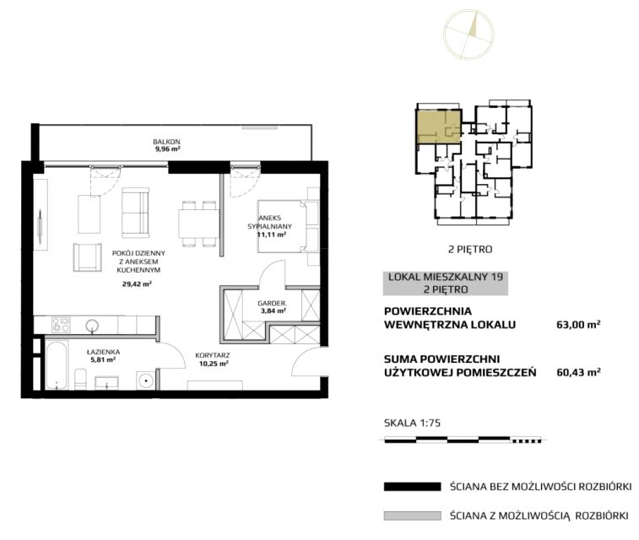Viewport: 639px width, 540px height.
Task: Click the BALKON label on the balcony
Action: click(166, 142)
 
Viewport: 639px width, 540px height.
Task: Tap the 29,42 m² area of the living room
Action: click(137, 283)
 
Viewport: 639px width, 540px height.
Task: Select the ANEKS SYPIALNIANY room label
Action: click(270, 222)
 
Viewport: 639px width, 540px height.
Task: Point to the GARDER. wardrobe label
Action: click(272, 303)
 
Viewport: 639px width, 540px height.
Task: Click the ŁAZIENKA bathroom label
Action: click(104, 352)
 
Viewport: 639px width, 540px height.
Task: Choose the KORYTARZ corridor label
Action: click(213, 355)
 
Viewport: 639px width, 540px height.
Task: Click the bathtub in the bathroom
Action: click(57, 365)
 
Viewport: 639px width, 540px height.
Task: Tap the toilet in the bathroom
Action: click(80, 379)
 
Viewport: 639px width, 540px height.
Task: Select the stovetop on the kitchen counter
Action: click(61, 325)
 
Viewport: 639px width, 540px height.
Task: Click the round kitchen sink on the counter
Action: click(92, 326)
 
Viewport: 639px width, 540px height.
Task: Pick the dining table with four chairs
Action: click(198, 224)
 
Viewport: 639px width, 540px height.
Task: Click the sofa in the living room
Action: click(136, 213)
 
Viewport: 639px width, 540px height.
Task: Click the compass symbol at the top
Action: click(469, 35)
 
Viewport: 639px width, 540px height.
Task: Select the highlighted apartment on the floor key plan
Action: click(438, 127)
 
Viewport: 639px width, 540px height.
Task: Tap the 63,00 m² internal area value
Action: click(578, 325)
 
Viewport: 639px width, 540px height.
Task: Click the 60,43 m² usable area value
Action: click(578, 372)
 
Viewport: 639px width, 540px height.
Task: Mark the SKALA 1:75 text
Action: click(413, 423)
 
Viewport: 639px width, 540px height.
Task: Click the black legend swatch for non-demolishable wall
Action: click(413, 486)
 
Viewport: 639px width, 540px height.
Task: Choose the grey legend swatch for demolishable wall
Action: click(413, 516)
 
